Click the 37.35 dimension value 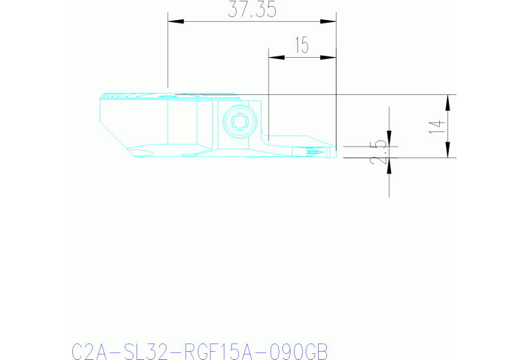pyautogui.click(x=251, y=10)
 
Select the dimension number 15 pyautogui.click(x=301, y=46)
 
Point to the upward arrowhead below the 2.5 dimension pyautogui.click(x=389, y=166)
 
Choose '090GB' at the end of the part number pyautogui.click(x=292, y=351)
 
